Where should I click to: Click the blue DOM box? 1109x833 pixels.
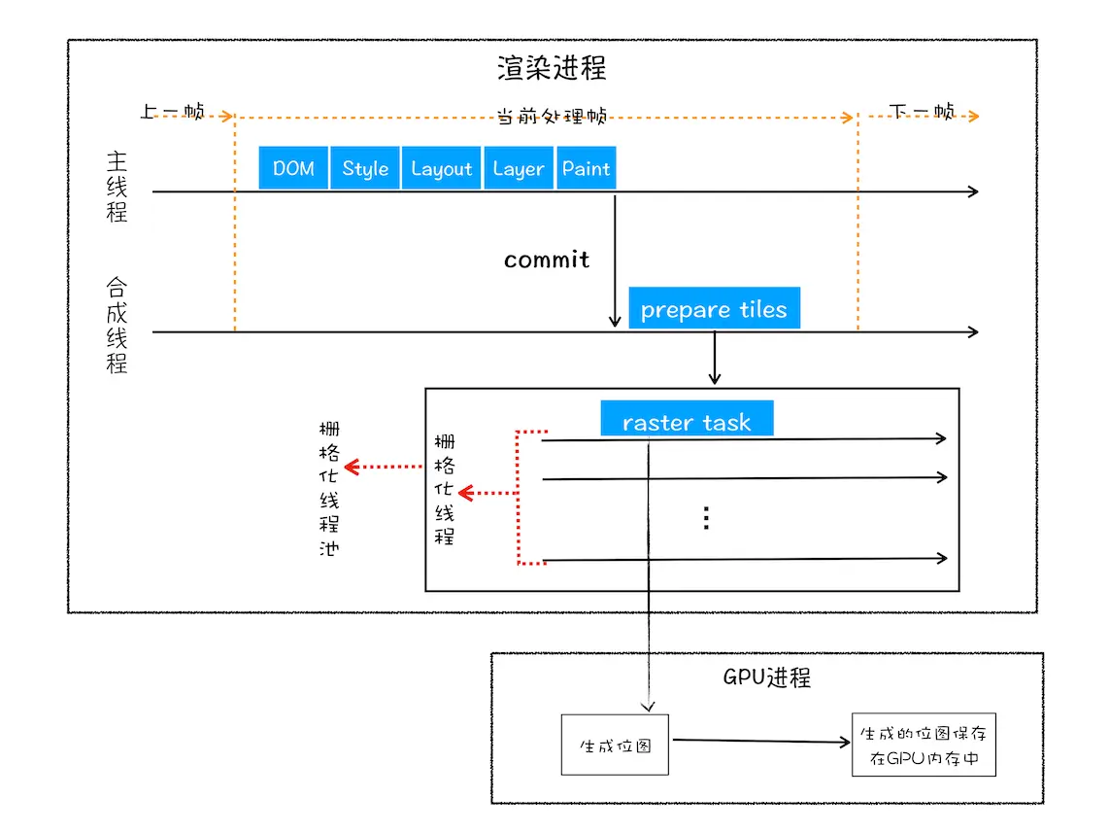pyautogui.click(x=293, y=168)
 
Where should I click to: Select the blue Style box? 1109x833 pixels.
pyautogui.click(x=365, y=168)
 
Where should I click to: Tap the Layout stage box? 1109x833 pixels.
pyautogui.click(x=441, y=168)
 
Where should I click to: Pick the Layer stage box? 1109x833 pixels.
pyautogui.click(x=518, y=168)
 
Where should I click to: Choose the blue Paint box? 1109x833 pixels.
pyautogui.click(x=587, y=168)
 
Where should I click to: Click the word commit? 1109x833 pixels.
pyautogui.click(x=547, y=260)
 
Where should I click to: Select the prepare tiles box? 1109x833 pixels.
pyautogui.click(x=714, y=309)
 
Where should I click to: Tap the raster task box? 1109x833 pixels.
pyautogui.click(x=687, y=421)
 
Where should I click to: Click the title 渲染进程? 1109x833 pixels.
pyautogui.click(x=552, y=68)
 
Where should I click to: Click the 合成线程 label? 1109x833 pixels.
pyautogui.click(x=117, y=326)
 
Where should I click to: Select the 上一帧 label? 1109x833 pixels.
pyautogui.click(x=172, y=112)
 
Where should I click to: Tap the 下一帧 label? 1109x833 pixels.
pyautogui.click(x=922, y=112)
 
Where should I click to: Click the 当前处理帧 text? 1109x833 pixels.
pyautogui.click(x=552, y=117)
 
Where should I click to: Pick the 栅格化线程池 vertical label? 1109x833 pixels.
pyautogui.click(x=329, y=488)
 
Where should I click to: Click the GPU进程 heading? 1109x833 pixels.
pyautogui.click(x=766, y=677)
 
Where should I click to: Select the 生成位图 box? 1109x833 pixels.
pyautogui.click(x=615, y=746)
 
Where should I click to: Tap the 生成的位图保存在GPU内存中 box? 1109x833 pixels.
pyautogui.click(x=924, y=746)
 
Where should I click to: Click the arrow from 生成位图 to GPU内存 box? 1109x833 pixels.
pyautogui.click(x=760, y=742)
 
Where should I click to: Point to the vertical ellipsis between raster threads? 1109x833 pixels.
pyautogui.click(x=707, y=518)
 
